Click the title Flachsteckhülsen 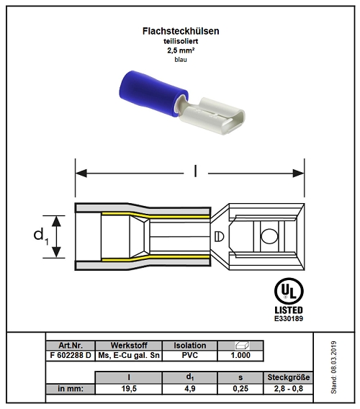point(181,31)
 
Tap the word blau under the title point(181,60)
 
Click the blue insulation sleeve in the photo point(153,94)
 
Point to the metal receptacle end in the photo point(212,115)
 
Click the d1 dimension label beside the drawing point(41,236)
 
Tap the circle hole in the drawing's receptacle point(269,236)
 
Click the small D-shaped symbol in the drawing point(219,237)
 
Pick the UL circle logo point(289,291)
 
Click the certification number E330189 point(289,318)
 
